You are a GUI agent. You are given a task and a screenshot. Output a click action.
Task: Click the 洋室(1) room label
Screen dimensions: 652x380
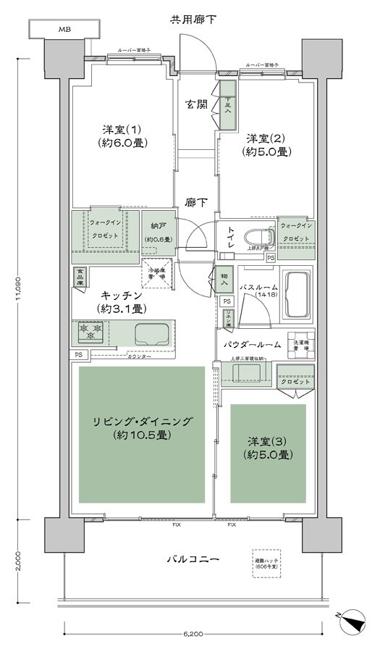pyautogui.click(x=121, y=136)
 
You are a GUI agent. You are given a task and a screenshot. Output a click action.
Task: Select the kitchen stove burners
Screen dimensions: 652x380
pyautogui.click(x=90, y=333)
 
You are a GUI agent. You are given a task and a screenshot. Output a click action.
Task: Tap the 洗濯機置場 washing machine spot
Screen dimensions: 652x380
pyautogui.click(x=300, y=345)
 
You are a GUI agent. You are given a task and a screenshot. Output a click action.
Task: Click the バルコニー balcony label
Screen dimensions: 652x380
pyautogui.click(x=194, y=559)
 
